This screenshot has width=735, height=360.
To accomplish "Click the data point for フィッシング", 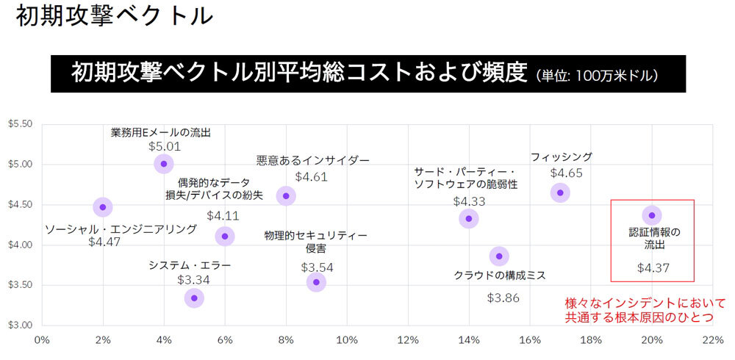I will (x=560, y=192).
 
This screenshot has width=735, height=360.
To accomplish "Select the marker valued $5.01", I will (x=164, y=163).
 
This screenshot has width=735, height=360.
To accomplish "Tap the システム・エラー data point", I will (x=194, y=298).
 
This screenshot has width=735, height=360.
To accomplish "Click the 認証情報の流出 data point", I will (x=652, y=215).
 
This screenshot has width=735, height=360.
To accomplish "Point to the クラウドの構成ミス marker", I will (x=499, y=256).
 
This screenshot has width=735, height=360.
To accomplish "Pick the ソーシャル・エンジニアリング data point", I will (x=103, y=206).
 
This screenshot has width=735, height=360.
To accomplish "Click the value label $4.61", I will (x=311, y=176).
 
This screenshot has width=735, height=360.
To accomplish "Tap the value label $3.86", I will (x=503, y=298).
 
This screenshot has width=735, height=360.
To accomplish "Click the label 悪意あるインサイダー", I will (x=313, y=159).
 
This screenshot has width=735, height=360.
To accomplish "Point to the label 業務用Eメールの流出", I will (x=161, y=132).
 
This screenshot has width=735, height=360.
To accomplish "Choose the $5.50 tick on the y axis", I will (x=20, y=123).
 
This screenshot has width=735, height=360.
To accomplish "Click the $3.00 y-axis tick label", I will (x=20, y=325).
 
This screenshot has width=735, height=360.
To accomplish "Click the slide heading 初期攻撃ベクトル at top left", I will (x=114, y=17).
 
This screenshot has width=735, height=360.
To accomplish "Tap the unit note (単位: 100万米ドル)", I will (x=596, y=75).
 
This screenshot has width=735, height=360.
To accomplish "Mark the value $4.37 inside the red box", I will (x=653, y=267).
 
